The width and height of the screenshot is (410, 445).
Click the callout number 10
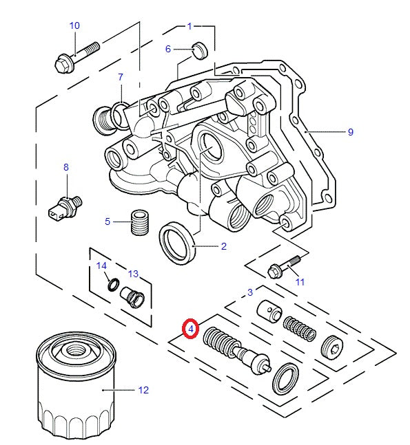[x=74, y=25]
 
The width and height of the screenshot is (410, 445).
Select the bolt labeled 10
[x=74, y=56]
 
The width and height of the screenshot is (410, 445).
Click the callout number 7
[x=120, y=76]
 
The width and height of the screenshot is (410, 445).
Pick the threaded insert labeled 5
[x=141, y=221]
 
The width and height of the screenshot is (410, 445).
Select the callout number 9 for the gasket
[x=350, y=131]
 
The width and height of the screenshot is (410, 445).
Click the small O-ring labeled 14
[x=110, y=283]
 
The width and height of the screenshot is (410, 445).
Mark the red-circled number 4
[x=189, y=329]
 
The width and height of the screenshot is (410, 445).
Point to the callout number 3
[x=250, y=292]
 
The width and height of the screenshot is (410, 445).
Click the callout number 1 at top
[x=189, y=26]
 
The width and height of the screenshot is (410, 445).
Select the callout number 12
[x=143, y=390]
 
